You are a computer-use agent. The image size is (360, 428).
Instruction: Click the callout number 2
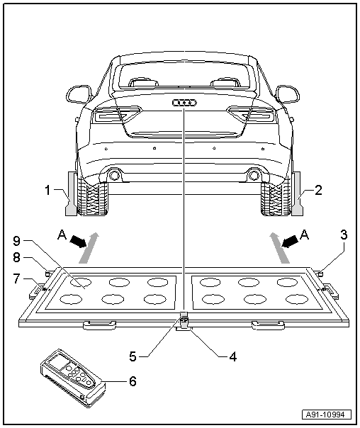coord(319,190)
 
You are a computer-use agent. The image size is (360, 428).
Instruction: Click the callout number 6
coord(132,381)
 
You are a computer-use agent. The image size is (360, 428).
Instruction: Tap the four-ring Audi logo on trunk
coord(183,103)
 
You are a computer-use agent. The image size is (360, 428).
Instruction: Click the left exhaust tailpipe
coord(114,176)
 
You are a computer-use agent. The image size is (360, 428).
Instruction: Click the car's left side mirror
coord(77,94)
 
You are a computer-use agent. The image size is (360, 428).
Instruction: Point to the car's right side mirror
coord(288,94)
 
